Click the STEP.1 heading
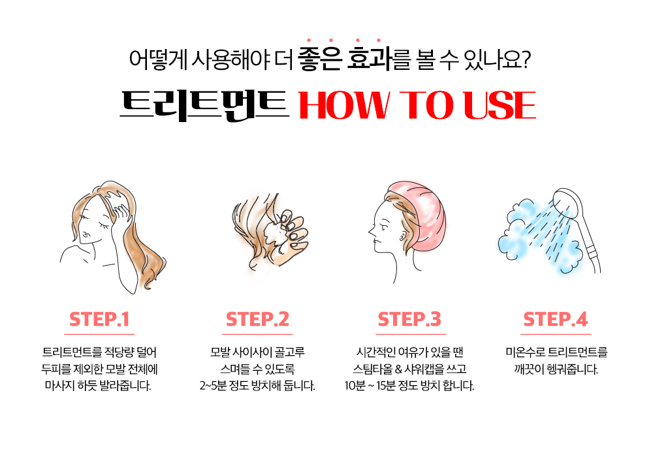[99, 319]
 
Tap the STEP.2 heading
[257, 319]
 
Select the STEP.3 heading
[409, 319]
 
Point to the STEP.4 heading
[556, 319]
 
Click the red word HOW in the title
[344, 105]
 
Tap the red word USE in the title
[500, 105]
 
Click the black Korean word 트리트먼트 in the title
[204, 105]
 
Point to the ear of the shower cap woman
[402, 236]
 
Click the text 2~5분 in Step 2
[213, 386]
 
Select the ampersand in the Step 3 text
[398, 369]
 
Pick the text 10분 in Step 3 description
[355, 386]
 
